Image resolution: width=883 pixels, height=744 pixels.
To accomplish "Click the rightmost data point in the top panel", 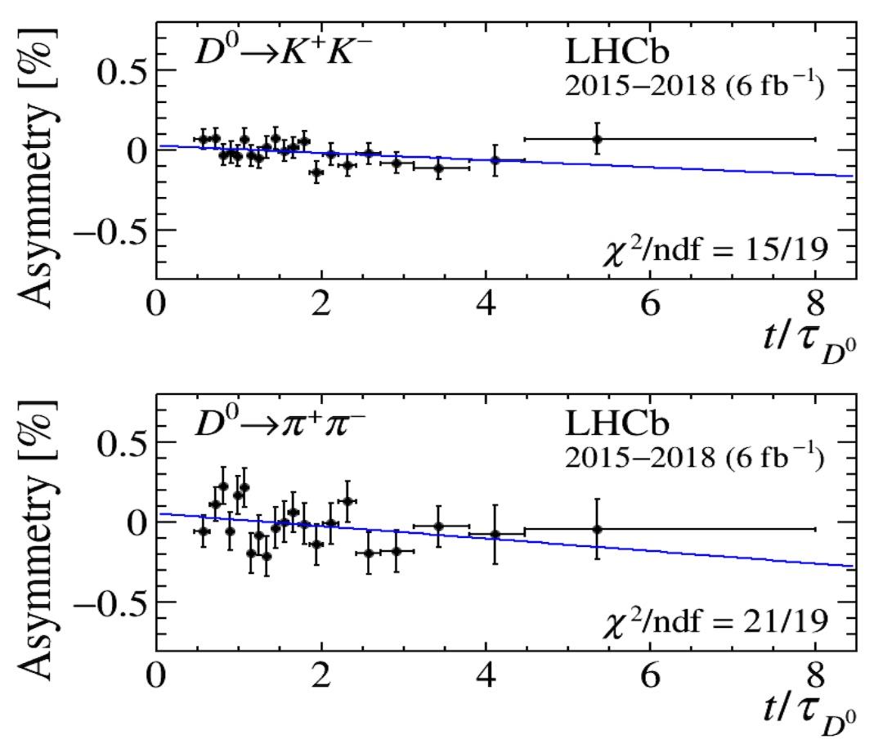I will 597,139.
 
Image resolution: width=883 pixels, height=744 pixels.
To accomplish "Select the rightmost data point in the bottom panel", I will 597,529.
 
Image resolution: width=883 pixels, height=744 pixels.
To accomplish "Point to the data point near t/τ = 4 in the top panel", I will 495,160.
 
